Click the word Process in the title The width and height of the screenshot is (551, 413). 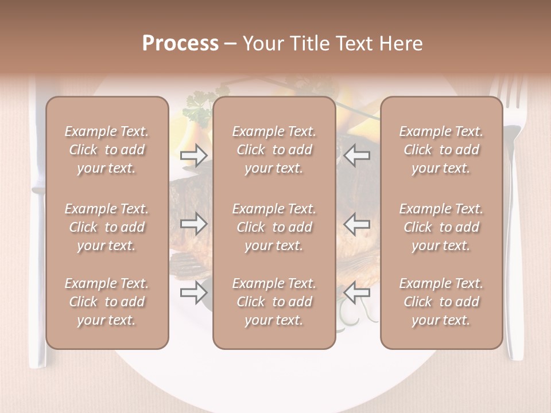tap(180, 44)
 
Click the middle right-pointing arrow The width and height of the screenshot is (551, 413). tap(193, 224)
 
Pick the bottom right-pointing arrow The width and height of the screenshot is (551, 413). tap(193, 293)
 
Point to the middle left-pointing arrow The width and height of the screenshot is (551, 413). tap(357, 224)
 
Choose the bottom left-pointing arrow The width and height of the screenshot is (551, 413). tap(357, 293)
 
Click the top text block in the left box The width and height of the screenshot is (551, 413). tap(107, 150)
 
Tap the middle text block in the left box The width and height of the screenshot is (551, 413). tap(107, 227)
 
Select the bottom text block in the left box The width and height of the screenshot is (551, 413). tap(107, 302)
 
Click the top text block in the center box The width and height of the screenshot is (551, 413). tap(274, 150)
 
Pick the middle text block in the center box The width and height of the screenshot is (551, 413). tap(274, 227)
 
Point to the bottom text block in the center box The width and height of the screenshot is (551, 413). tap(274, 302)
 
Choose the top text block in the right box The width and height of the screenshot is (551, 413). tap(441, 150)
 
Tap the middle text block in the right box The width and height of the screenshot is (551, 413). tap(441, 227)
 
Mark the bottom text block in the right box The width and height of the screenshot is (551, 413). tap(441, 302)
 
